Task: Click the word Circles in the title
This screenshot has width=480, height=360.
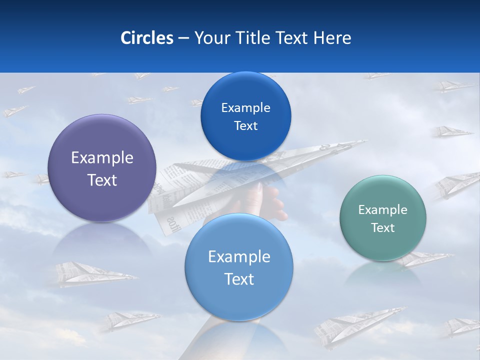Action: [x=146, y=38]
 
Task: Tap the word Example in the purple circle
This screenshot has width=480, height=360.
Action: [x=102, y=158]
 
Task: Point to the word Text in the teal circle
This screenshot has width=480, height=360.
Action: [x=383, y=228]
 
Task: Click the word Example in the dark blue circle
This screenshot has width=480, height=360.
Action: [x=245, y=107]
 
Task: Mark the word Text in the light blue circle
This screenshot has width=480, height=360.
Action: [x=239, y=279]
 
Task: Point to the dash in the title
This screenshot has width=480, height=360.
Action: [x=183, y=38]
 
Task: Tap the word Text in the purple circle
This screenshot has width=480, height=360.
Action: [x=102, y=180]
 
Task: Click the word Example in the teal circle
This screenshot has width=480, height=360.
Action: [x=382, y=210]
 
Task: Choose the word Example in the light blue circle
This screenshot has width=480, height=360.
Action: [x=239, y=257]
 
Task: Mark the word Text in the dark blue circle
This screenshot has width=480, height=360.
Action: [x=245, y=126]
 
